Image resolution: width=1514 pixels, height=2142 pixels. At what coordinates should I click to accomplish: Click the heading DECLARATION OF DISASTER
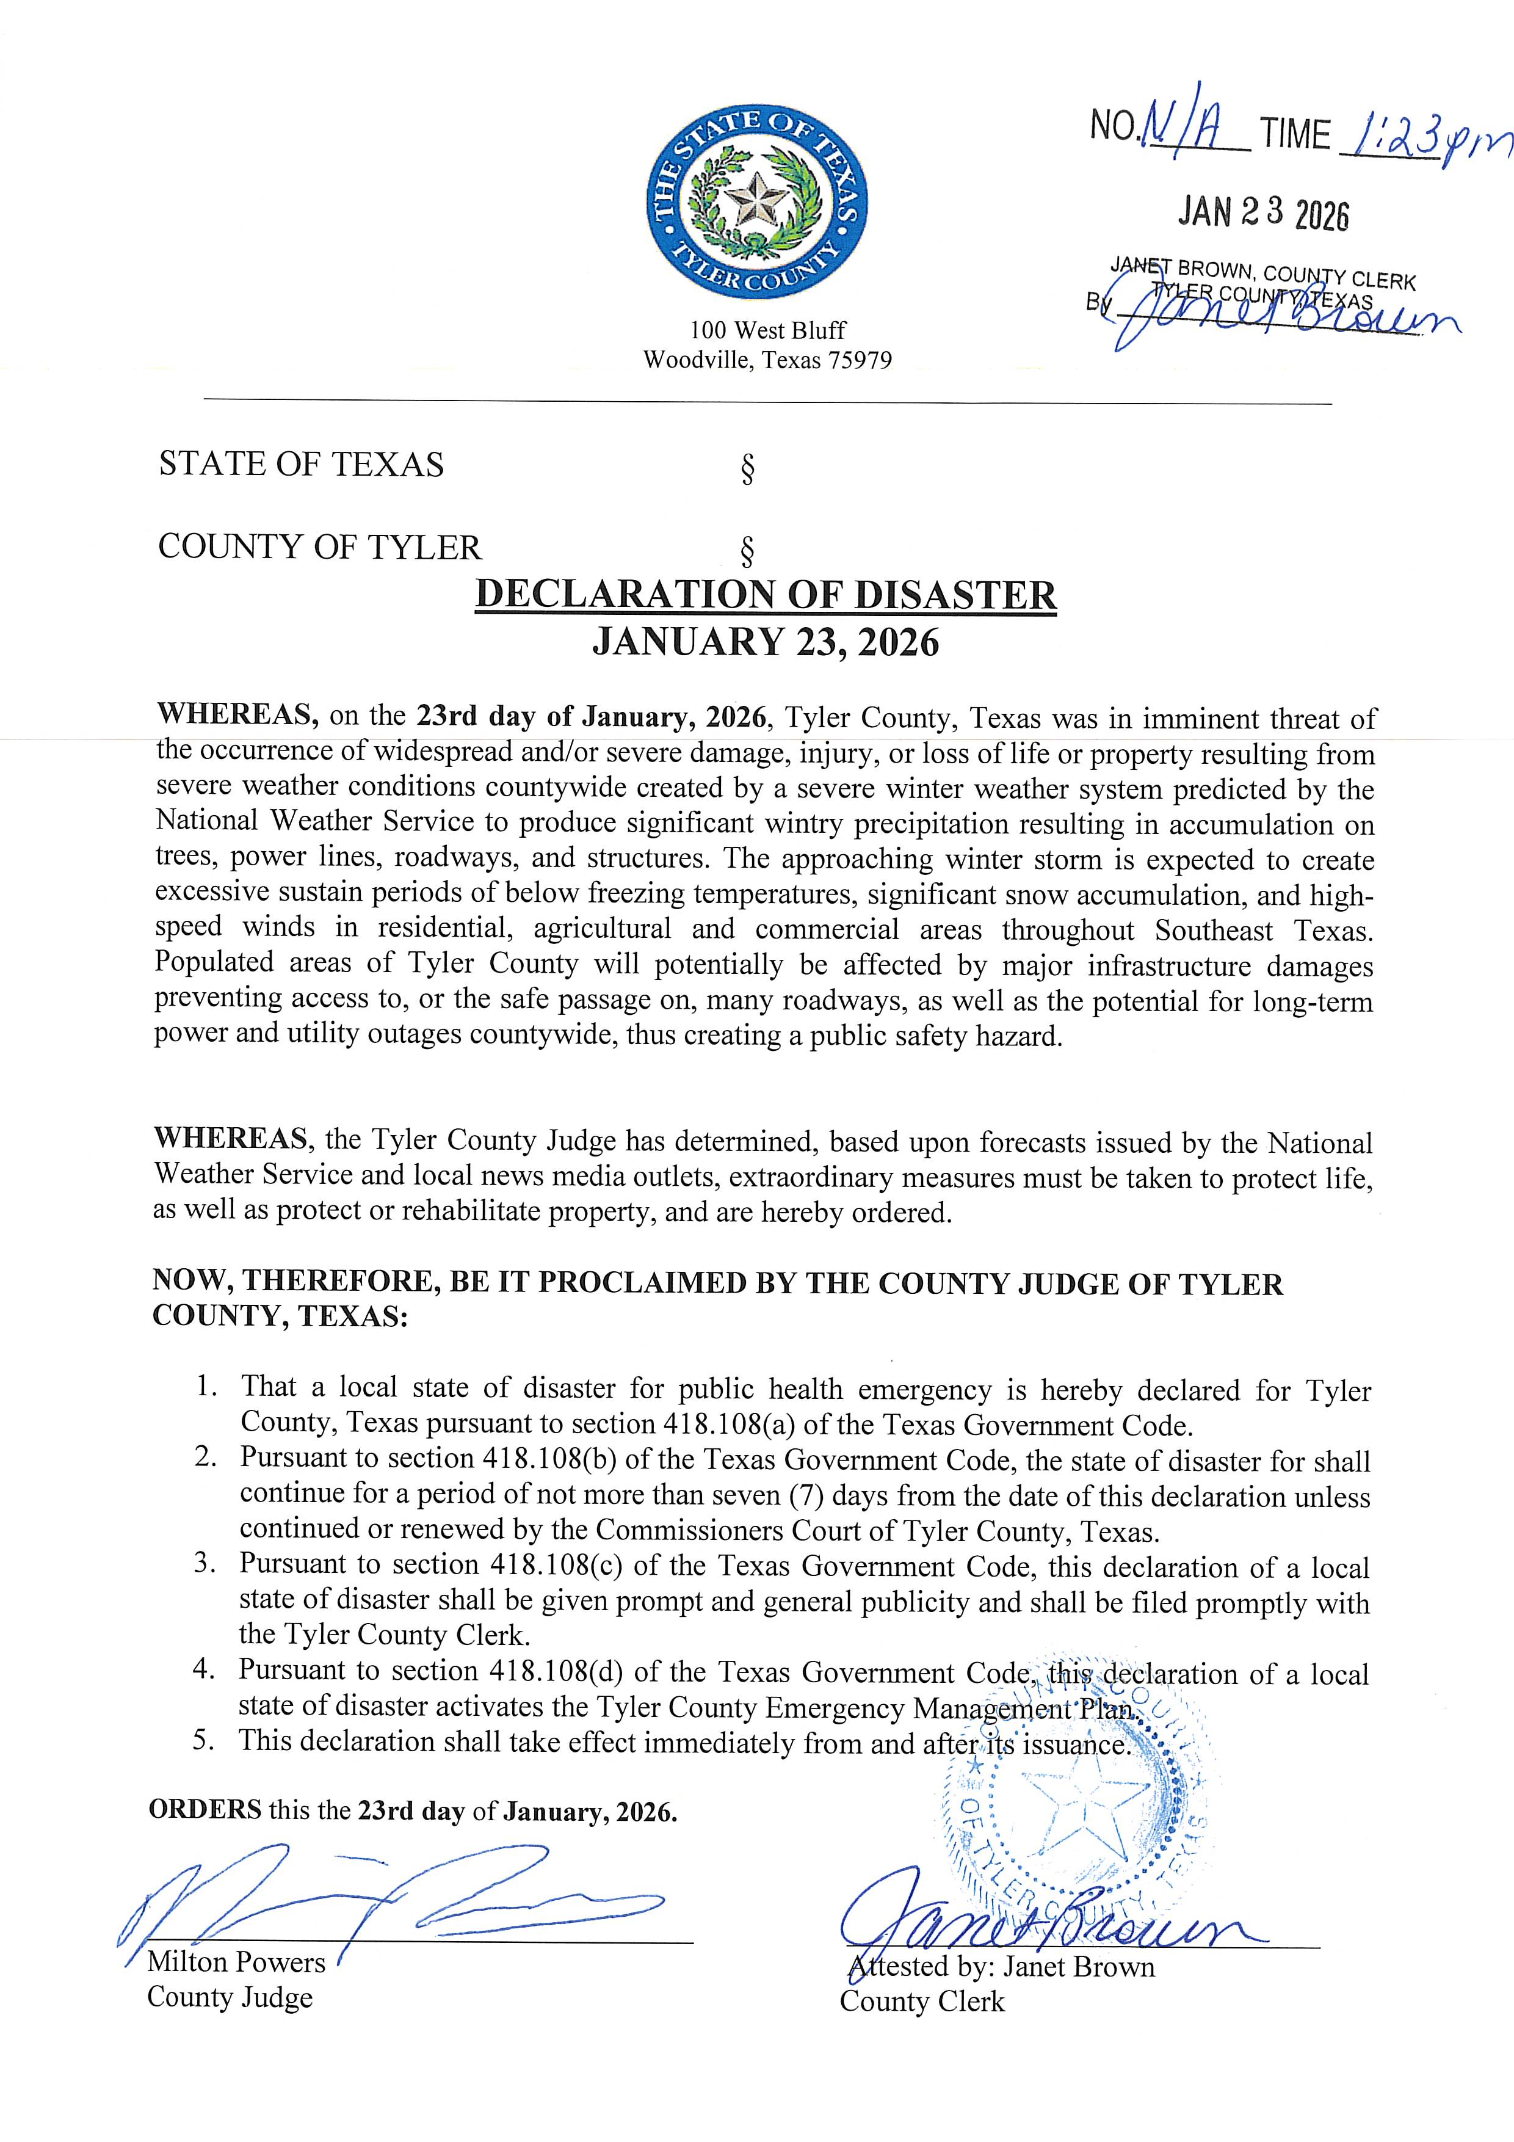[766, 595]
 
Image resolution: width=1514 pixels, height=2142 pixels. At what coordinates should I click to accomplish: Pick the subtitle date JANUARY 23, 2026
[766, 643]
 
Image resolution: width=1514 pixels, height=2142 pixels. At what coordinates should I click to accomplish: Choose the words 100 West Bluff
[768, 330]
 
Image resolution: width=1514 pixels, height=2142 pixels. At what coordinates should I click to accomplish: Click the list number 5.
[205, 1740]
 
